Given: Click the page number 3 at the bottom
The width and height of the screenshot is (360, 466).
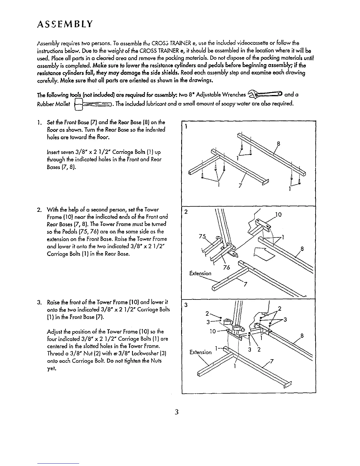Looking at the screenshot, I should click(176, 412).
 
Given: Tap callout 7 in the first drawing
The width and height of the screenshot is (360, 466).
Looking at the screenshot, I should click(241, 186).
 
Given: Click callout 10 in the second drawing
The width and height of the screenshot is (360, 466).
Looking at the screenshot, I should click(279, 214).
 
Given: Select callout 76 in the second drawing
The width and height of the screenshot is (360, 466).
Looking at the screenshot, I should click(226, 267).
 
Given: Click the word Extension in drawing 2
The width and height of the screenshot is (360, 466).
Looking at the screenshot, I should click(201, 273).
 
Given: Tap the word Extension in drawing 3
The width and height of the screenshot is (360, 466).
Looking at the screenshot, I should click(201, 352).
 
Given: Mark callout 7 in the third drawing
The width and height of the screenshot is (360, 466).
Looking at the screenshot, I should click(272, 362).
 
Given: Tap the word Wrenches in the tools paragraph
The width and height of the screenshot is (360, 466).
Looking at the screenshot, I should click(234, 95).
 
